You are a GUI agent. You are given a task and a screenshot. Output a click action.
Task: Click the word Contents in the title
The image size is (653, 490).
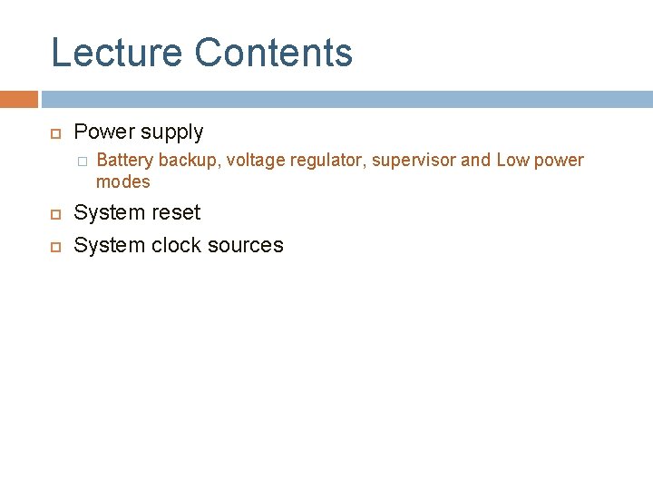coord(273,53)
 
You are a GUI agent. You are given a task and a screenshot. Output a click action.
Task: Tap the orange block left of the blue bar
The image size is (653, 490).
coord(18,99)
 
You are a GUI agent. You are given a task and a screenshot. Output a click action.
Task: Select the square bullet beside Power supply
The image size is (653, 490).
coord(54,133)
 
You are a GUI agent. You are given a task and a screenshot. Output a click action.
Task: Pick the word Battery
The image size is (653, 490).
coord(124,161)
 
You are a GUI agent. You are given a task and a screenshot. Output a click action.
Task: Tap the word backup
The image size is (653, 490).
coord(188,161)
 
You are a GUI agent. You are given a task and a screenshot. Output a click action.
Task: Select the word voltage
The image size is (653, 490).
coord(255,161)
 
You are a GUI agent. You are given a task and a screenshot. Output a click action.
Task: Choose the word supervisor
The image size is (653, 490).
coord(413,161)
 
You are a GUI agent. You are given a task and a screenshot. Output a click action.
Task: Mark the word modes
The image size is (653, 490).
coord(122,181)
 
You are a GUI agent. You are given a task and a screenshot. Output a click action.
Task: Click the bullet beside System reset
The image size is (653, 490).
coord(54,214)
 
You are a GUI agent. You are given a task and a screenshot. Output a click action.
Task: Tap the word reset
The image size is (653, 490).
coord(177,212)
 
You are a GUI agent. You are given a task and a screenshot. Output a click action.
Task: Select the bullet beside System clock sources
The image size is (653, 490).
coord(54,247)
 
